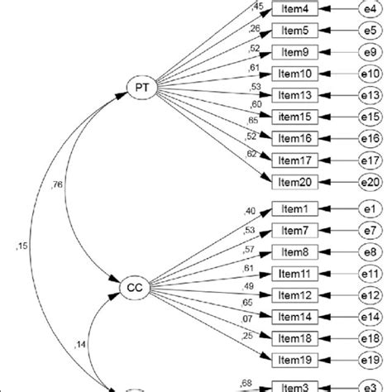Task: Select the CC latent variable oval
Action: tap(134, 287)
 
